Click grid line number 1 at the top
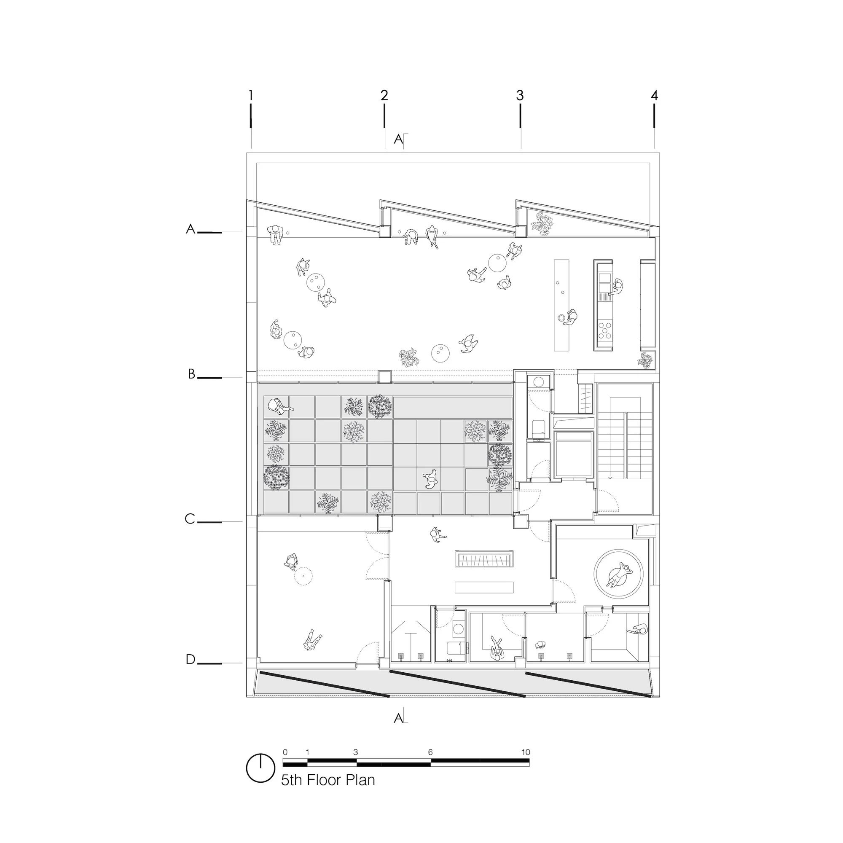tap(251, 95)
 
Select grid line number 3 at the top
tap(520, 95)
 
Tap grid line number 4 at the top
tap(654, 95)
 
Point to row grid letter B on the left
tap(191, 374)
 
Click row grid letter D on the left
tap(191, 659)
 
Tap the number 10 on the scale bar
tap(525, 752)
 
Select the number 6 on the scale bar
tap(430, 752)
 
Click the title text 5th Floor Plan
tap(328, 780)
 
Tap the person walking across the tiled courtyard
tap(431, 479)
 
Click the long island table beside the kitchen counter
tap(562, 305)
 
